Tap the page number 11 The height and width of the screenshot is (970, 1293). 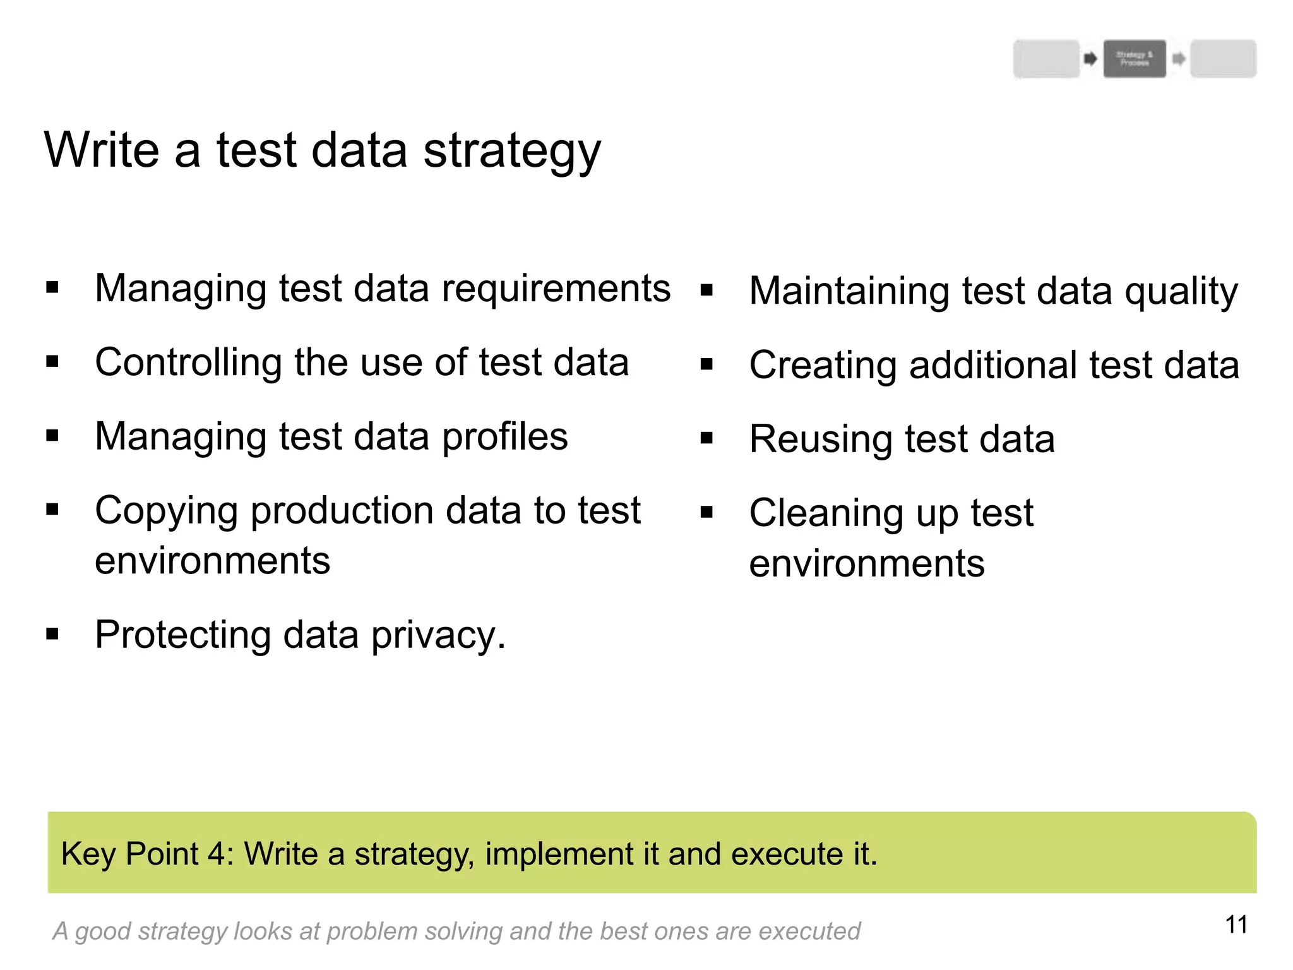coord(1236,925)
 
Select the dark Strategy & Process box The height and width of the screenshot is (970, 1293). coord(1135,59)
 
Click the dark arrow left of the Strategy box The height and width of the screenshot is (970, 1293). coord(1090,59)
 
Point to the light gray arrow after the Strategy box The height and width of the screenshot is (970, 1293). coord(1178,59)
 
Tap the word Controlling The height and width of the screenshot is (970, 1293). coord(188,362)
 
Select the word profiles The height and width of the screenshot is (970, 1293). coord(504,437)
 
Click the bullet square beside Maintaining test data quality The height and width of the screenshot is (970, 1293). coord(706,290)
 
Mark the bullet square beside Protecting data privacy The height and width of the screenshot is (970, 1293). coord(52,634)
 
